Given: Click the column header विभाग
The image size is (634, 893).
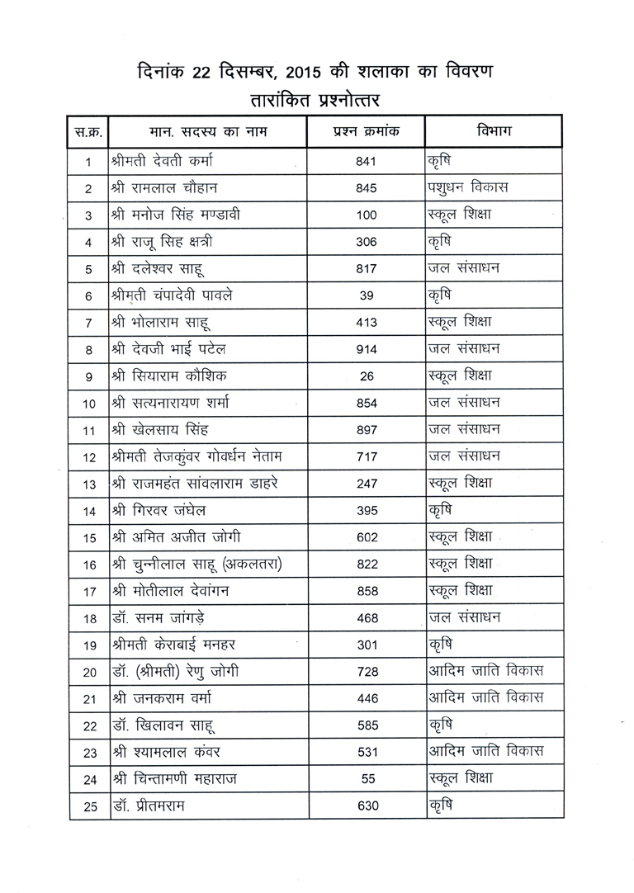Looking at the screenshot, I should tap(493, 130).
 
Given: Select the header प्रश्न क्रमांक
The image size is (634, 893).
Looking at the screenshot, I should tap(366, 130).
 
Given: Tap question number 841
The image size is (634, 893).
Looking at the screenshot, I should tap(366, 161).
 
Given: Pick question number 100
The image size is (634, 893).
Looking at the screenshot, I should tap(366, 215).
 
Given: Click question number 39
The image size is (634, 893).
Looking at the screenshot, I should tap(366, 295).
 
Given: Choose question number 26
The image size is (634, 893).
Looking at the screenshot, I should tap(366, 376).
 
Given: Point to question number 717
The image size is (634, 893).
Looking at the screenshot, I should tap(366, 457).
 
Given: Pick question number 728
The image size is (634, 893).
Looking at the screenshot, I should tap(366, 673).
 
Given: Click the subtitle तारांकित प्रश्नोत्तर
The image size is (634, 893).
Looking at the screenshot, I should tap(316, 100).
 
